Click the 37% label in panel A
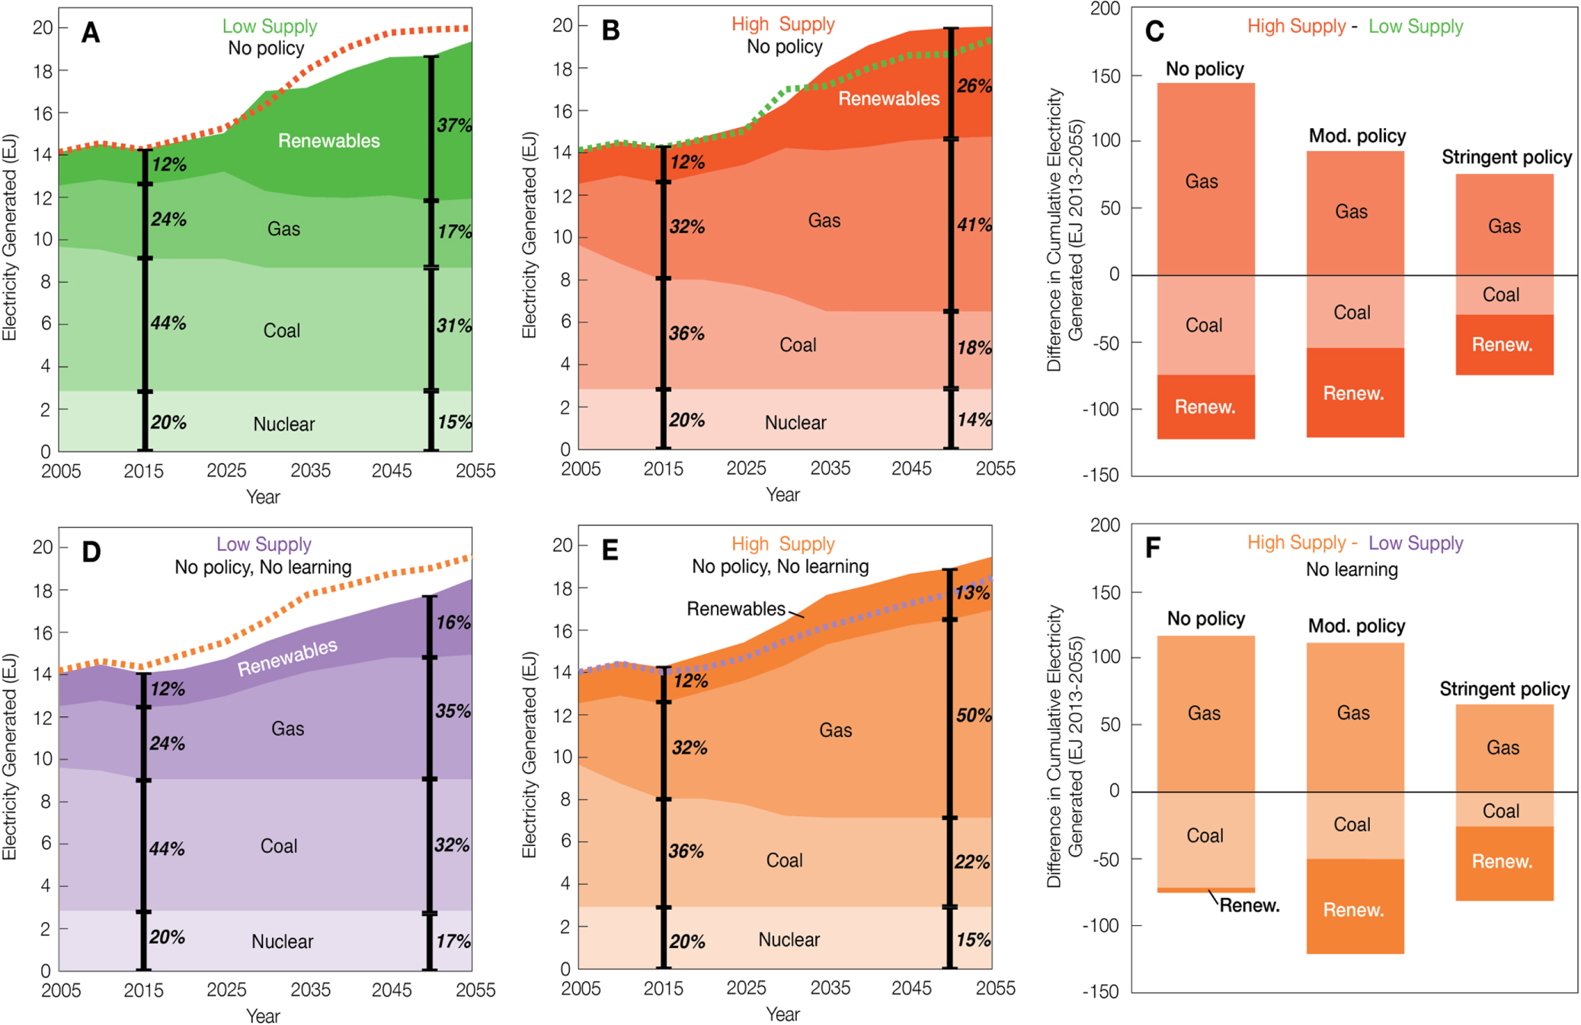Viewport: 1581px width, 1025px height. [454, 126]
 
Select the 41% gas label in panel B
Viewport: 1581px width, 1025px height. [975, 225]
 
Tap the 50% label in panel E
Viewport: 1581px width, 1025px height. [974, 716]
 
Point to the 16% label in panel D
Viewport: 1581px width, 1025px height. [453, 623]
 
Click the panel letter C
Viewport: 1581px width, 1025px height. [1154, 31]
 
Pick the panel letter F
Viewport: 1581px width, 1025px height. [1153, 548]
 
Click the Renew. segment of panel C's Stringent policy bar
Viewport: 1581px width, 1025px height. [1502, 345]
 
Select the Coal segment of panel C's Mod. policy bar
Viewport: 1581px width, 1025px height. [1352, 312]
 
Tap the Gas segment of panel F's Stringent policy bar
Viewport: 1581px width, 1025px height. [1503, 748]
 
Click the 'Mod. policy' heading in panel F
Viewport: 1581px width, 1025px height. [1356, 626]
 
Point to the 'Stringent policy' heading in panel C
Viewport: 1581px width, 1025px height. [1506, 158]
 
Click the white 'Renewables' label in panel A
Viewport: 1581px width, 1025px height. [328, 141]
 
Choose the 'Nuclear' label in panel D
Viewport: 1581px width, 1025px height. [282, 942]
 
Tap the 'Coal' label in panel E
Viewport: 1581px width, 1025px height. [784, 860]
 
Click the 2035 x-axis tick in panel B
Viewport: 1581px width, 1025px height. [830, 469]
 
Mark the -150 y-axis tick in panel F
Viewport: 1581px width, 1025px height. [1100, 991]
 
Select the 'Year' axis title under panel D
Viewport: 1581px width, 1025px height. [263, 1016]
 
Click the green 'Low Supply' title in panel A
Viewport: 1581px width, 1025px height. [270, 27]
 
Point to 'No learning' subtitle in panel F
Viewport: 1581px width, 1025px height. [1352, 570]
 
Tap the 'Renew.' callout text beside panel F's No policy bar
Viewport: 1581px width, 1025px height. [1250, 905]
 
